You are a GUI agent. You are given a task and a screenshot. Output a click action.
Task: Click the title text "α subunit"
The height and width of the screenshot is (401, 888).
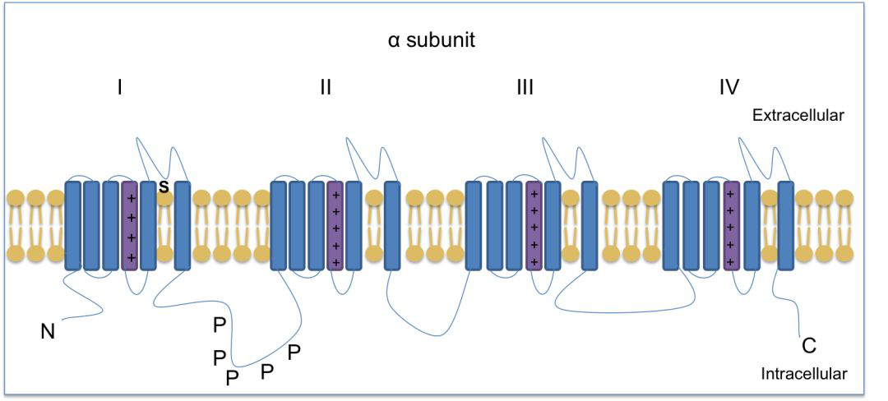[431, 40]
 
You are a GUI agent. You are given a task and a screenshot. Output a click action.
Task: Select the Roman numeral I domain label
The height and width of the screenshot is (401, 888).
[120, 86]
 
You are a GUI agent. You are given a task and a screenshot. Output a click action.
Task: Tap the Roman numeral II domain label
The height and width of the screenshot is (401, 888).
[326, 86]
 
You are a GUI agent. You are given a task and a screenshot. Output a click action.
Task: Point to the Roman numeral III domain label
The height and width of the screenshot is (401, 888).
[525, 86]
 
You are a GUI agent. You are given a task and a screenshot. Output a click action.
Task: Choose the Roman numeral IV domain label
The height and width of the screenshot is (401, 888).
[728, 86]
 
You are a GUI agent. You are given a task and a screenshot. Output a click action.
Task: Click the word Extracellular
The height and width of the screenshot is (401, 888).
[798, 116]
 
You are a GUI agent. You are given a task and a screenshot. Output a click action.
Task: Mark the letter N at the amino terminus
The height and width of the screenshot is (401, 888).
[48, 332]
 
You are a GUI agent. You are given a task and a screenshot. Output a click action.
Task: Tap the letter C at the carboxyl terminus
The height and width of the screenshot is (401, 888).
[809, 345]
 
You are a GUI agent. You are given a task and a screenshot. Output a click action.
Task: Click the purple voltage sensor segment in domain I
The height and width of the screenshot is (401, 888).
[130, 225]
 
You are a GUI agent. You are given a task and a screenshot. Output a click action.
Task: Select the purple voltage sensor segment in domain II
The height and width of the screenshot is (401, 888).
[335, 225]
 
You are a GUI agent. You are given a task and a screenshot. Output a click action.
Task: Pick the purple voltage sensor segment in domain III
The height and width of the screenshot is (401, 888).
[534, 225]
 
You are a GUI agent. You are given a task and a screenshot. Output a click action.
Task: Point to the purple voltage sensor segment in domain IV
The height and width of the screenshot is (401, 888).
[731, 225]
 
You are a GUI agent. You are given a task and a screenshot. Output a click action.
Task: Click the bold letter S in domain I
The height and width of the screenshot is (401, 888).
[164, 187]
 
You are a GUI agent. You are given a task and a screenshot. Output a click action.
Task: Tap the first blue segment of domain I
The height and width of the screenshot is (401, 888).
[73, 225]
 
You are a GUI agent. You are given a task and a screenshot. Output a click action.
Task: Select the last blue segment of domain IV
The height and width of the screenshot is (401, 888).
[785, 225]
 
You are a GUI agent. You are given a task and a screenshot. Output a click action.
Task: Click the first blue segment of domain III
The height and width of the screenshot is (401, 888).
[474, 225]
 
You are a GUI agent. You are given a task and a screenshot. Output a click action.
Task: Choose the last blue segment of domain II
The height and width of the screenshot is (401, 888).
[392, 225]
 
